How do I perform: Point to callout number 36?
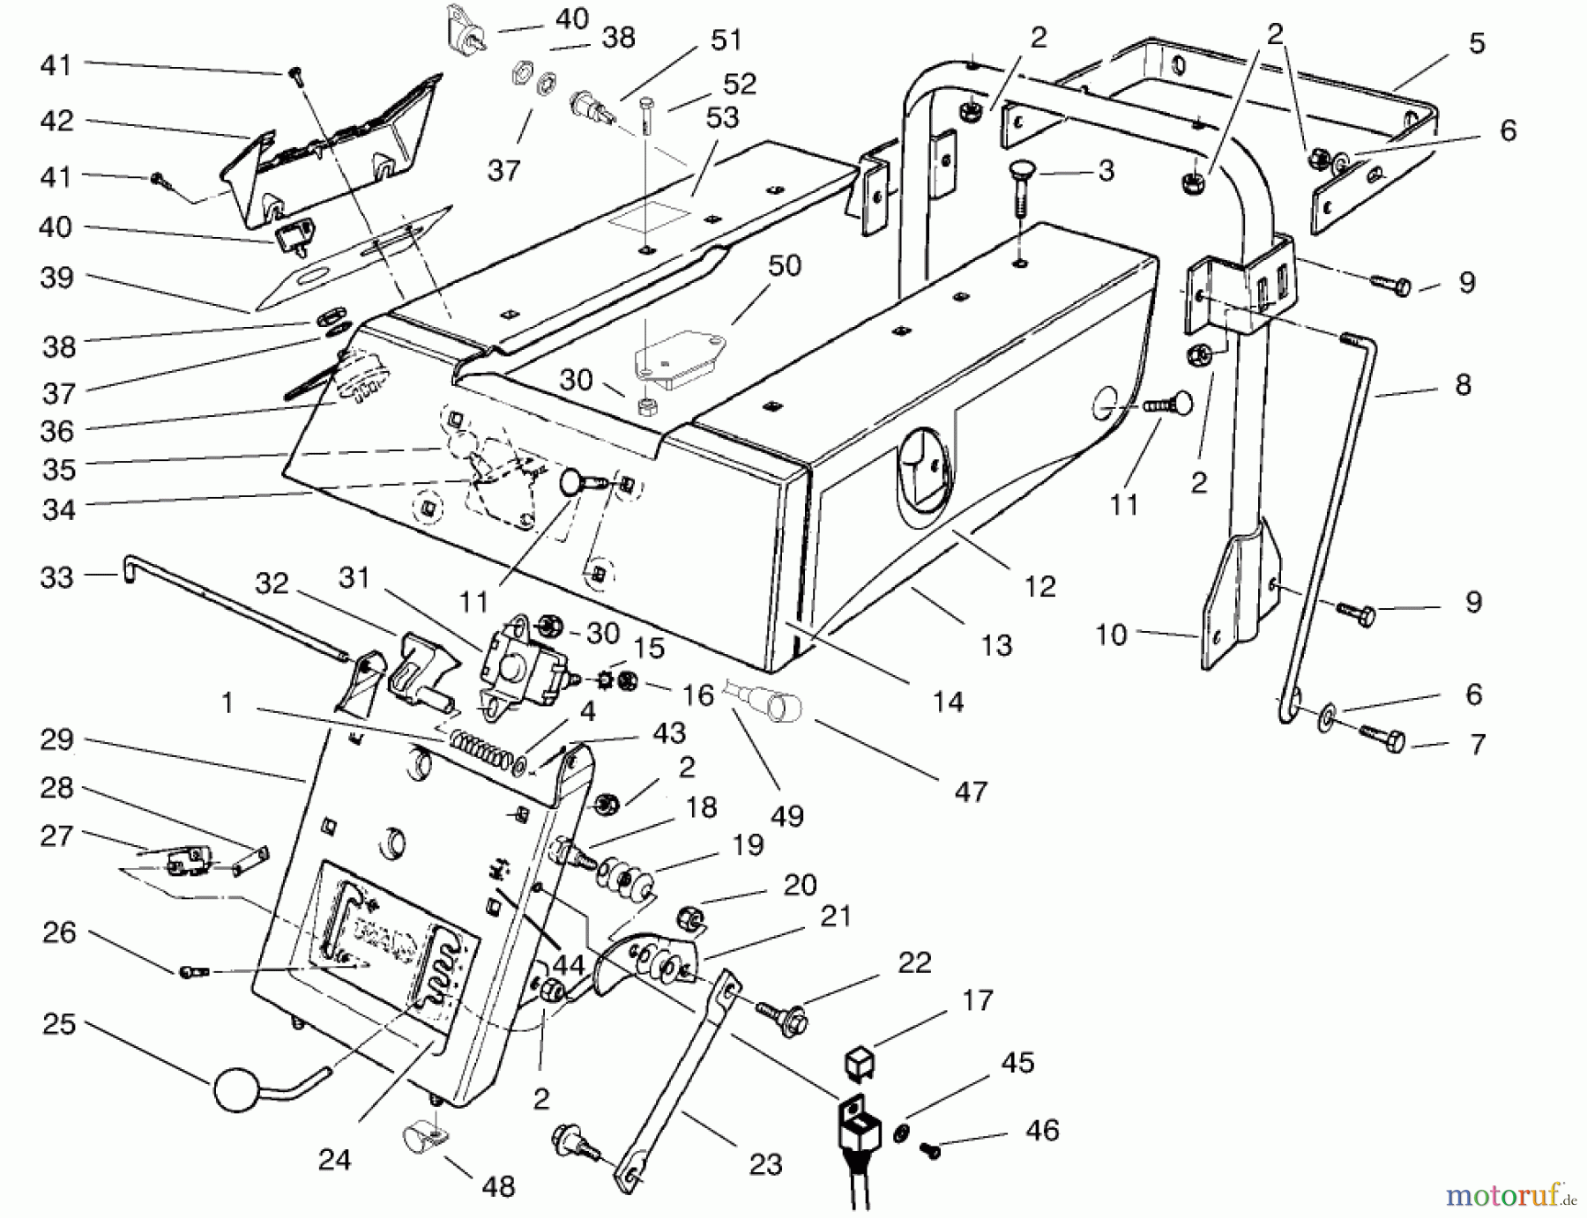coord(58,431)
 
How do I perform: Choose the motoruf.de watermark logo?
coord(1512,1195)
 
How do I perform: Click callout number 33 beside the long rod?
coord(56,577)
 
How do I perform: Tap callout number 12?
coord(1040,585)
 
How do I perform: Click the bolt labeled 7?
coord(1392,739)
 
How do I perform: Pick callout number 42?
coord(56,121)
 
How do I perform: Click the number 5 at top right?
coord(1477,44)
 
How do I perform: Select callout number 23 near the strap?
coord(764,1164)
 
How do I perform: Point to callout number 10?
coord(1111,635)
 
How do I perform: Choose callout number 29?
coord(56,739)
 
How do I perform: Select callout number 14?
coord(948,702)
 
